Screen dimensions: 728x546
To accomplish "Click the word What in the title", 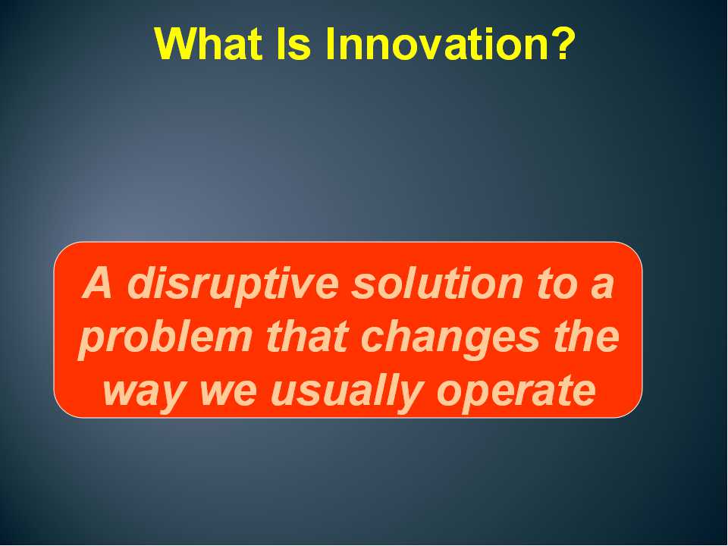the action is pos(209,43).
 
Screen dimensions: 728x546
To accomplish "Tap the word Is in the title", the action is pos(293,43).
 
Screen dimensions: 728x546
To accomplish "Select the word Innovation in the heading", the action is pos(428,43).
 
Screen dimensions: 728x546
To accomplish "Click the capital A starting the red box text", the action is pos(98,283).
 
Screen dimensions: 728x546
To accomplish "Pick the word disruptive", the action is pos(233,285).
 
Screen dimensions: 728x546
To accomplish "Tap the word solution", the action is pos(438,283).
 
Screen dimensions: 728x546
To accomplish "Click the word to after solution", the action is pos(557,284).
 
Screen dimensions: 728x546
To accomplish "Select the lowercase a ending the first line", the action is pos(602,287).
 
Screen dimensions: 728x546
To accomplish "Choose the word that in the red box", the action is pos(307,336).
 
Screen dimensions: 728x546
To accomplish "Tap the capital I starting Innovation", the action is pos(331,43).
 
